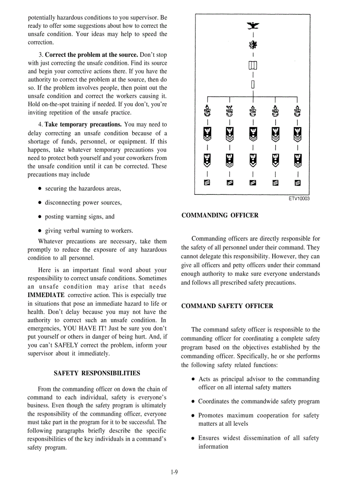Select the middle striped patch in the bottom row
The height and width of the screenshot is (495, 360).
(x=252, y=184)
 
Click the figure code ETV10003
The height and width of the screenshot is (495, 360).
(x=299, y=199)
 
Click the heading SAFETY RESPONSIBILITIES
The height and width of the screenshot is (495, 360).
(x=97, y=373)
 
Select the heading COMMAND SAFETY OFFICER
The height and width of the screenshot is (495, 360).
(x=227, y=306)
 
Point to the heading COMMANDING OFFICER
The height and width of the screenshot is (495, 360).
(x=220, y=216)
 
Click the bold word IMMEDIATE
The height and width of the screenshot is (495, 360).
(x=46, y=295)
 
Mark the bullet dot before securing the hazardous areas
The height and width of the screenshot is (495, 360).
(x=40, y=189)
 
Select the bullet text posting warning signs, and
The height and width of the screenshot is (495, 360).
(x=79, y=216)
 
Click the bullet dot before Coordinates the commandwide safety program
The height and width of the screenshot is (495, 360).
(x=193, y=402)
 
